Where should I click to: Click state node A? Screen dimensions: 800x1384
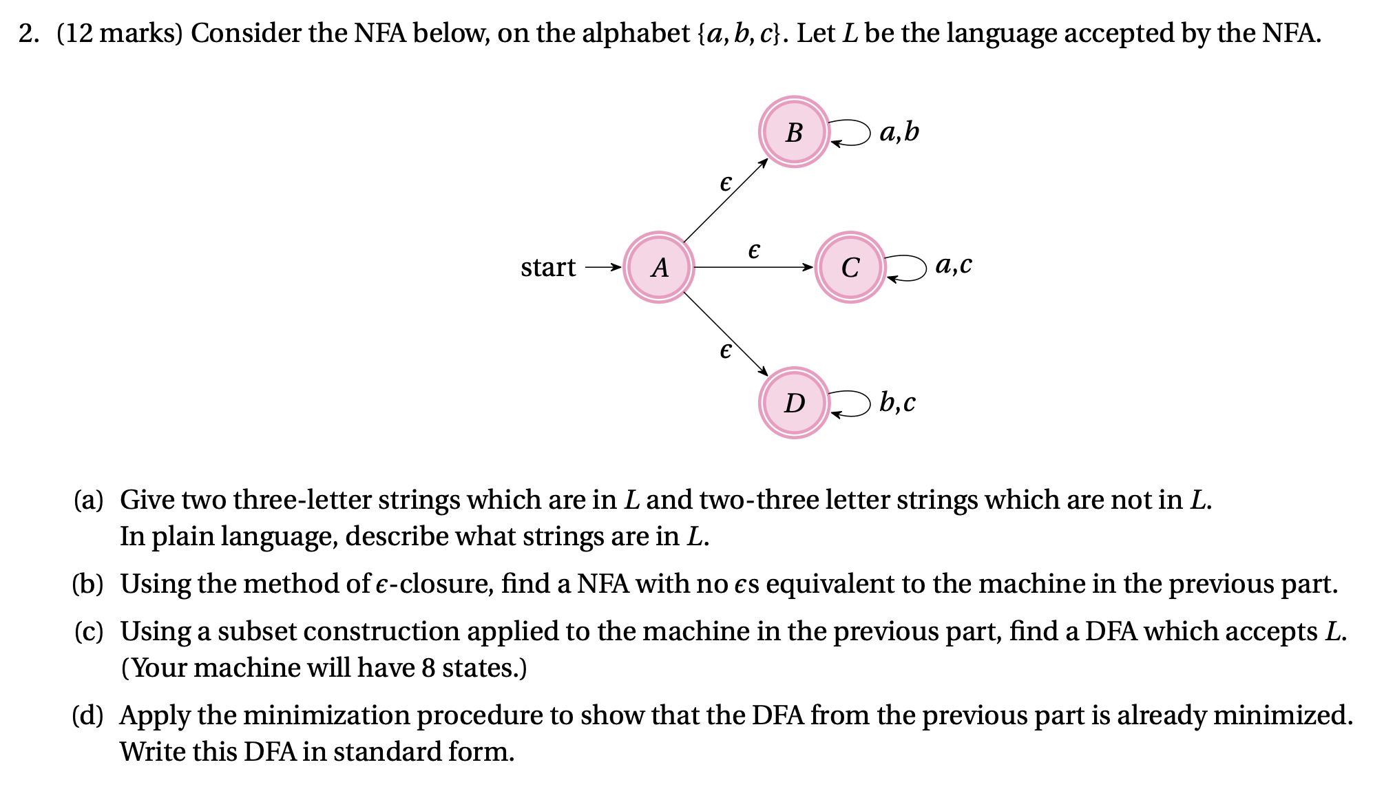click(659, 267)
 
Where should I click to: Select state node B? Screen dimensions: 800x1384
click(794, 131)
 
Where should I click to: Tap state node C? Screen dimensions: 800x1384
click(850, 267)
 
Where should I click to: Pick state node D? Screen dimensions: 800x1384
click(794, 403)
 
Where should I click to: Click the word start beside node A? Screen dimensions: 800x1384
click(547, 267)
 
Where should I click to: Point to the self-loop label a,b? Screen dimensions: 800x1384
click(899, 131)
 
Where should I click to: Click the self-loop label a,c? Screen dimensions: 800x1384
click(953, 265)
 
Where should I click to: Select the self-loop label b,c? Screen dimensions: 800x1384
click(897, 403)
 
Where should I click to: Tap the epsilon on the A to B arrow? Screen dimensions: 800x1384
click(725, 183)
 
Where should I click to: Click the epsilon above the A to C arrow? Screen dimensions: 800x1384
click(754, 250)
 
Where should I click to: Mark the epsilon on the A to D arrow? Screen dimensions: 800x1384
click(725, 350)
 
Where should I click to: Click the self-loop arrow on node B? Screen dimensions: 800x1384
click(854, 132)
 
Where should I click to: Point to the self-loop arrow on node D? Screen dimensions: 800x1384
click(854, 403)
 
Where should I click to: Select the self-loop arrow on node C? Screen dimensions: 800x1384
click(910, 268)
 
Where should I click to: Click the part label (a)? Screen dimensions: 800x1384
click(88, 500)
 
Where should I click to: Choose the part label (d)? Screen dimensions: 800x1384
click(87, 715)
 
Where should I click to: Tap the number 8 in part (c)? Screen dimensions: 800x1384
click(428, 668)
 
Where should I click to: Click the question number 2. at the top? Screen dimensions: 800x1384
click(28, 33)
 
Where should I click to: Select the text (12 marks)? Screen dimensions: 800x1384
click(119, 33)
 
